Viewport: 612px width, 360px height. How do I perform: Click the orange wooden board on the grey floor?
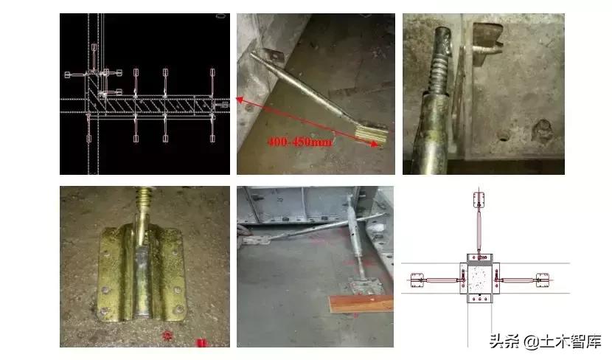click(x=352, y=303)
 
